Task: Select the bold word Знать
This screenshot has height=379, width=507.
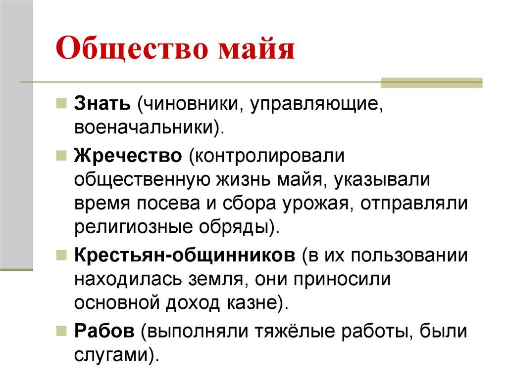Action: (x=102, y=104)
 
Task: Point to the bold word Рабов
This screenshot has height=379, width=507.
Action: (x=104, y=331)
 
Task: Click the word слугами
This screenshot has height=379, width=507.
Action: (x=112, y=354)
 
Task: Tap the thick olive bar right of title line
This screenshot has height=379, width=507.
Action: (x=431, y=82)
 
